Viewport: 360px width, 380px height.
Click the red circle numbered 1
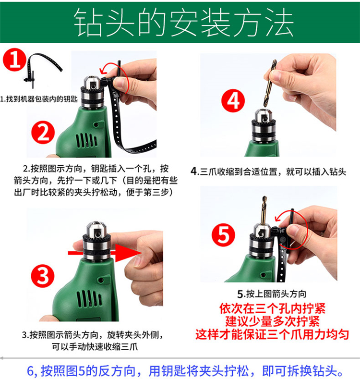click(14, 60)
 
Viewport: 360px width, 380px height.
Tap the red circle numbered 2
click(43, 133)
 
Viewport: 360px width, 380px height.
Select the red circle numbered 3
click(43, 276)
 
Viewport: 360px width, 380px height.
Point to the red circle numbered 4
click(233, 100)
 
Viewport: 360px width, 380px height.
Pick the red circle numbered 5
click(223, 235)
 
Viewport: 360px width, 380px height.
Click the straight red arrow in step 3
click(105, 253)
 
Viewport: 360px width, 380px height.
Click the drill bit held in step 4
click(270, 84)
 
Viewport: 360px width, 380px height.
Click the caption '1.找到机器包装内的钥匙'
click(39, 99)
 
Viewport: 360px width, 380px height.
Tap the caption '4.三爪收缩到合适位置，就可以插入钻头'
click(268, 172)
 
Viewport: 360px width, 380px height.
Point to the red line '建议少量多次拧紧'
click(272, 321)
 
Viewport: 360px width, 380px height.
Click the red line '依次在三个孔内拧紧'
click(272, 308)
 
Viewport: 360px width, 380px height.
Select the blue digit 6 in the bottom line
click(30, 371)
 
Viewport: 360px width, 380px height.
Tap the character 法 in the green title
click(280, 22)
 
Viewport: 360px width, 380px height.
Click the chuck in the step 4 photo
click(264, 125)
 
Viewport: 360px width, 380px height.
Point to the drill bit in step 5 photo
click(264, 210)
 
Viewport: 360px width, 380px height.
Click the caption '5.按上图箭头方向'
click(272, 294)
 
